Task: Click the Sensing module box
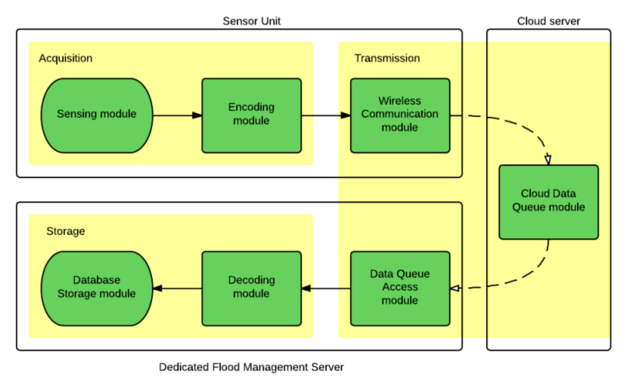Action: [x=96, y=115]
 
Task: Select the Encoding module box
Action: [x=251, y=115]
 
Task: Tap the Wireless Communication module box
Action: [x=400, y=115]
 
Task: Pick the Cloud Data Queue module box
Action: [x=548, y=202]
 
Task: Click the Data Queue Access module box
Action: [x=400, y=288]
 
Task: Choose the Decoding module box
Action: [x=251, y=288]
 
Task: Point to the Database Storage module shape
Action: [x=96, y=288]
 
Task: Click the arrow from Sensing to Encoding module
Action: [x=177, y=116]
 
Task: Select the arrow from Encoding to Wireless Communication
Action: [x=326, y=116]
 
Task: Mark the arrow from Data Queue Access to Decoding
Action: [x=326, y=289]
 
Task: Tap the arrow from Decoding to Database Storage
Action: [x=177, y=288]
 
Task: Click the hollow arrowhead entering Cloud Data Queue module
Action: [x=547, y=160]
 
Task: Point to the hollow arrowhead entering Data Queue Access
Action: [x=455, y=288]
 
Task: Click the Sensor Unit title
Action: [x=252, y=21]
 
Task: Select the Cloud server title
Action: [x=548, y=21]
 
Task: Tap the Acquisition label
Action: [x=65, y=58]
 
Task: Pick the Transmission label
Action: [x=387, y=58]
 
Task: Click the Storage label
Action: [x=65, y=232]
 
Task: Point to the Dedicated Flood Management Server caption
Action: [x=251, y=367]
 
